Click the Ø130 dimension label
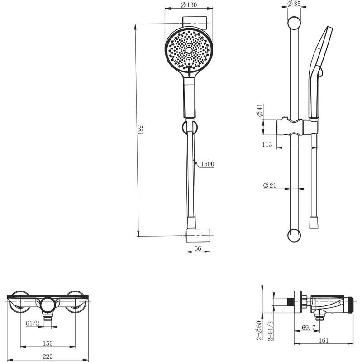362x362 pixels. (189, 5)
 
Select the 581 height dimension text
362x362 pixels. (140, 130)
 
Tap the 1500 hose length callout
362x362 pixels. (208, 164)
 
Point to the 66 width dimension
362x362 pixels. (198, 248)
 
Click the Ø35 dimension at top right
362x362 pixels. (294, 4)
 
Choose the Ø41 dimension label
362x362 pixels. (260, 110)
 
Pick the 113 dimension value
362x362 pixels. (267, 144)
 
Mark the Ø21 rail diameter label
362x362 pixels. (270, 186)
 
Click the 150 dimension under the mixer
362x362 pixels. (48, 343)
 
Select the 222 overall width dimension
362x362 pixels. (48, 357)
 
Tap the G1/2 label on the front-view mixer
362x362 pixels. (32, 324)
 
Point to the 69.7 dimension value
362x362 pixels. (309, 327)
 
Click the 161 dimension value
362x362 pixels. (324, 340)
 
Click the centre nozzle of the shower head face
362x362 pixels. (189, 50)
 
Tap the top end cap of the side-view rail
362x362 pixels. (294, 23)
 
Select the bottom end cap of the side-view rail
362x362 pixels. (294, 235)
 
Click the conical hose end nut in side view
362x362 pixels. (314, 222)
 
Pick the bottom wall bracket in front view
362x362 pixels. (198, 235)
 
